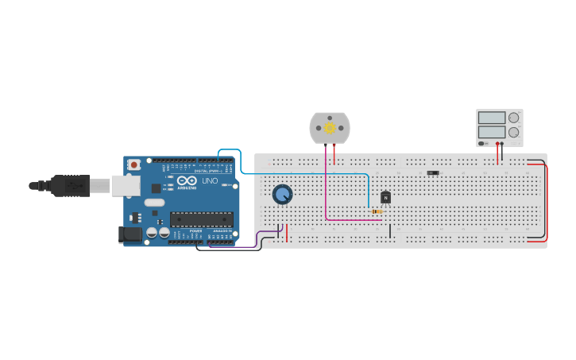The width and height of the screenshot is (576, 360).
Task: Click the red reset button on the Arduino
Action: pyautogui.click(x=134, y=165)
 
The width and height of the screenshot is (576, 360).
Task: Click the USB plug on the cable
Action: pyautogui.click(x=70, y=186)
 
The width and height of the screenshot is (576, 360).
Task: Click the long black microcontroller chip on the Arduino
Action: pyautogui.click(x=201, y=219)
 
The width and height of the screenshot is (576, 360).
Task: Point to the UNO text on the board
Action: pyautogui.click(x=210, y=181)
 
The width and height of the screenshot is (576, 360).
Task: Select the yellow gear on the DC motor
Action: pyautogui.click(x=329, y=128)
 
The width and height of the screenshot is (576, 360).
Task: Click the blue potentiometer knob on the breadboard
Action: pyautogui.click(x=282, y=194)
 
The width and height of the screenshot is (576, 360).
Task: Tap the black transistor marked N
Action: pyautogui.click(x=385, y=197)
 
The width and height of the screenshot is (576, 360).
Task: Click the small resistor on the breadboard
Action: pyautogui.click(x=377, y=211)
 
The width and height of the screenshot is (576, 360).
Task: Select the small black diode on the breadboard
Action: pyautogui.click(x=433, y=172)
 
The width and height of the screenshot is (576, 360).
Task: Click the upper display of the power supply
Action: pyautogui.click(x=492, y=118)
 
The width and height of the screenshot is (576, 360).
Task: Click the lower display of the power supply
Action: pyautogui.click(x=492, y=132)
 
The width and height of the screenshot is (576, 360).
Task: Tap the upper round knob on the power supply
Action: pyautogui.click(x=514, y=118)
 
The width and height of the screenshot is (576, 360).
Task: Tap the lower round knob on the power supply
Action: pyautogui.click(x=514, y=132)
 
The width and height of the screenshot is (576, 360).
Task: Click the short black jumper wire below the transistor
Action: pyautogui.click(x=390, y=230)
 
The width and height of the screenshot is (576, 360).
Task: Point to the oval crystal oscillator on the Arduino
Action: pyautogui.click(x=154, y=203)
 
